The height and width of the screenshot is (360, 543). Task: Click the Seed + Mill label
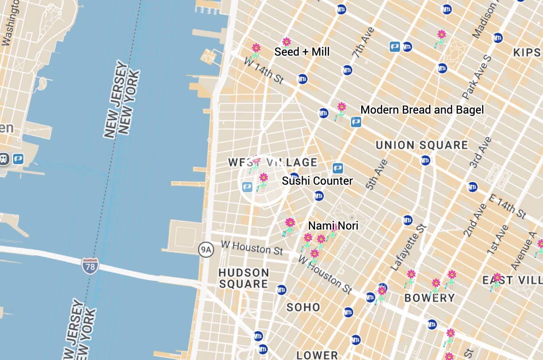(302, 52)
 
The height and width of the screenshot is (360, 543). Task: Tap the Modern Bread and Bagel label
(422, 110)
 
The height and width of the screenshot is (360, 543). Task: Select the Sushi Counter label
(317, 181)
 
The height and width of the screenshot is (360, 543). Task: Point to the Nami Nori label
(333, 226)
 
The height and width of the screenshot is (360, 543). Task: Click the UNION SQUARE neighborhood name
(422, 145)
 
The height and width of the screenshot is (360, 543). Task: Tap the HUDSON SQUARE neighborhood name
(243, 278)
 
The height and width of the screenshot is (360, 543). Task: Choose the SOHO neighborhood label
(303, 307)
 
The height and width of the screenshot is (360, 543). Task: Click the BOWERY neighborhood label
(429, 298)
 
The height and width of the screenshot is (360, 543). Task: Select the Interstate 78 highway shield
(90, 266)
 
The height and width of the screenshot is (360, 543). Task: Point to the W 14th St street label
(264, 71)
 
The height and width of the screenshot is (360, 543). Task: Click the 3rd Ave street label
(481, 152)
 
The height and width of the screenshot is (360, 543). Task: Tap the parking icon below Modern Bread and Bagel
(356, 122)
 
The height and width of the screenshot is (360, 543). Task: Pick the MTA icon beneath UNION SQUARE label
(425, 161)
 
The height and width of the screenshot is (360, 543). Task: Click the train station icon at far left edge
(4, 159)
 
